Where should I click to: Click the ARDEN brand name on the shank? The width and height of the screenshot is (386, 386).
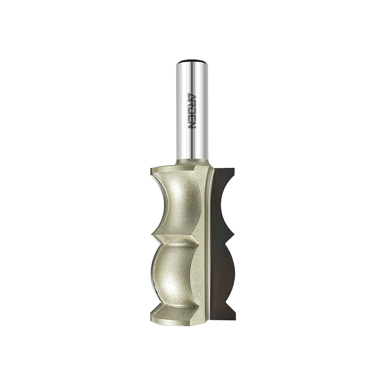point(191,111)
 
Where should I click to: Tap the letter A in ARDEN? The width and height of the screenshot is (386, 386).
point(191,96)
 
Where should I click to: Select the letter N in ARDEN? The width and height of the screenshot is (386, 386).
point(191,125)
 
